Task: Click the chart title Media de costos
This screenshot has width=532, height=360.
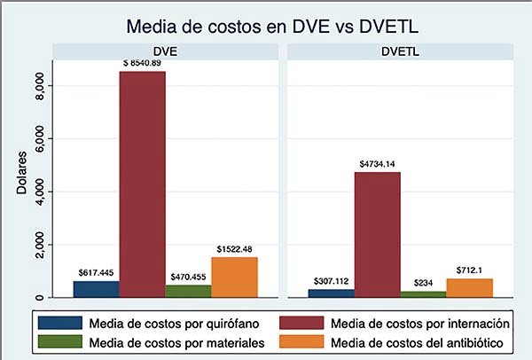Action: [272, 26]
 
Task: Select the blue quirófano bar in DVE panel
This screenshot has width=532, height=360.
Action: [96, 289]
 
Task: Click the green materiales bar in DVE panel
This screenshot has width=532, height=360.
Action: [188, 291]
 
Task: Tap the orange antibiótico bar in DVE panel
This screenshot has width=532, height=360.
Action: [234, 277]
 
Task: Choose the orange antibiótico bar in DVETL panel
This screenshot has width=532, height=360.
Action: [470, 287]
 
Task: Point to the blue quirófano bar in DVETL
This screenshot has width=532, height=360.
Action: [332, 293]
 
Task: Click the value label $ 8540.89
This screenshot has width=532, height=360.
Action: [142, 64]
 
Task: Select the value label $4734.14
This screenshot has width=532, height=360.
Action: [378, 164]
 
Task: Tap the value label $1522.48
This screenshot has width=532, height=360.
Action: [234, 249]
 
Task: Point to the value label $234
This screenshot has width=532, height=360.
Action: [424, 284]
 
